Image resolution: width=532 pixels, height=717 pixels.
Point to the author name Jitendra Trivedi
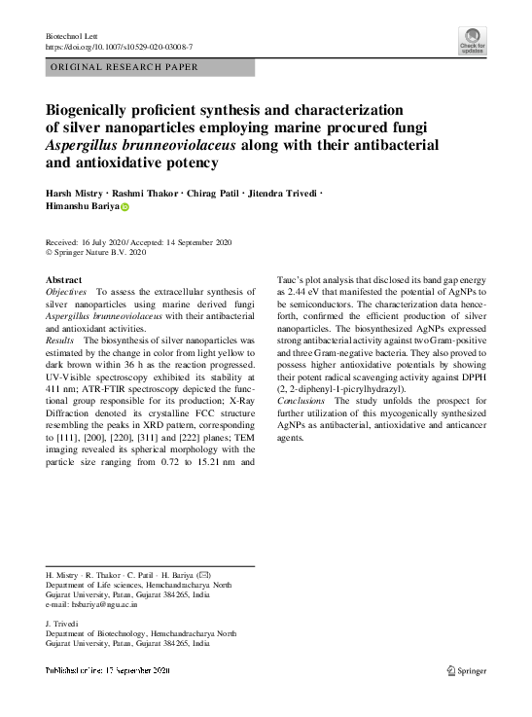pyautogui.click(x=283, y=192)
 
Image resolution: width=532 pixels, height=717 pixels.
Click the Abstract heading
pyautogui.click(x=64, y=279)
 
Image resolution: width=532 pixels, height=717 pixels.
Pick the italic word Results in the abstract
pyautogui.click(x=61, y=341)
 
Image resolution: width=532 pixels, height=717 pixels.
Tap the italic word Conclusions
pyautogui.click(x=303, y=401)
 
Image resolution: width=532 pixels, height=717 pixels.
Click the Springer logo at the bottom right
pyautogui.click(x=466, y=669)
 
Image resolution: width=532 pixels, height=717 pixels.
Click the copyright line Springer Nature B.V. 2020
pyautogui.click(x=101, y=252)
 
